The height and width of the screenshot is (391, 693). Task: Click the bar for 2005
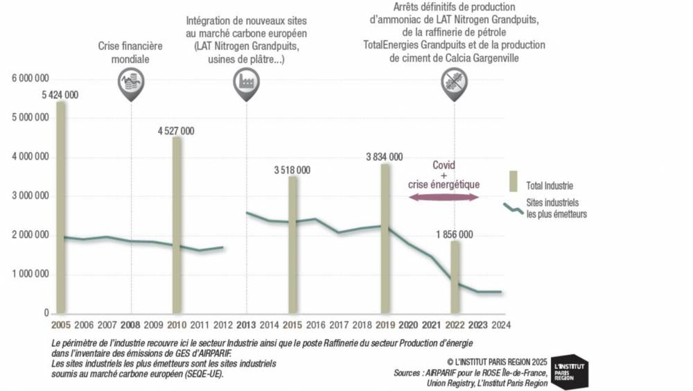tap(61, 208)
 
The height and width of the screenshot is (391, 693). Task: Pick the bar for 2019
tap(385, 238)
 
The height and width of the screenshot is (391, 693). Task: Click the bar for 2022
tap(454, 277)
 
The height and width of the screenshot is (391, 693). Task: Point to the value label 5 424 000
tap(60, 95)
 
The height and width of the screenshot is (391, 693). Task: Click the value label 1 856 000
tap(454, 234)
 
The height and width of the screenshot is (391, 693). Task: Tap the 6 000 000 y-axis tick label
tap(30, 79)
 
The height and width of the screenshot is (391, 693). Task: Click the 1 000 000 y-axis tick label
tap(30, 275)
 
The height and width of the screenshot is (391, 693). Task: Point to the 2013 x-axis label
tap(246, 324)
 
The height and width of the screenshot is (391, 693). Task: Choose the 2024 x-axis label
tap(500, 324)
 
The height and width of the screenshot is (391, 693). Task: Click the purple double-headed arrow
tap(444, 198)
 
